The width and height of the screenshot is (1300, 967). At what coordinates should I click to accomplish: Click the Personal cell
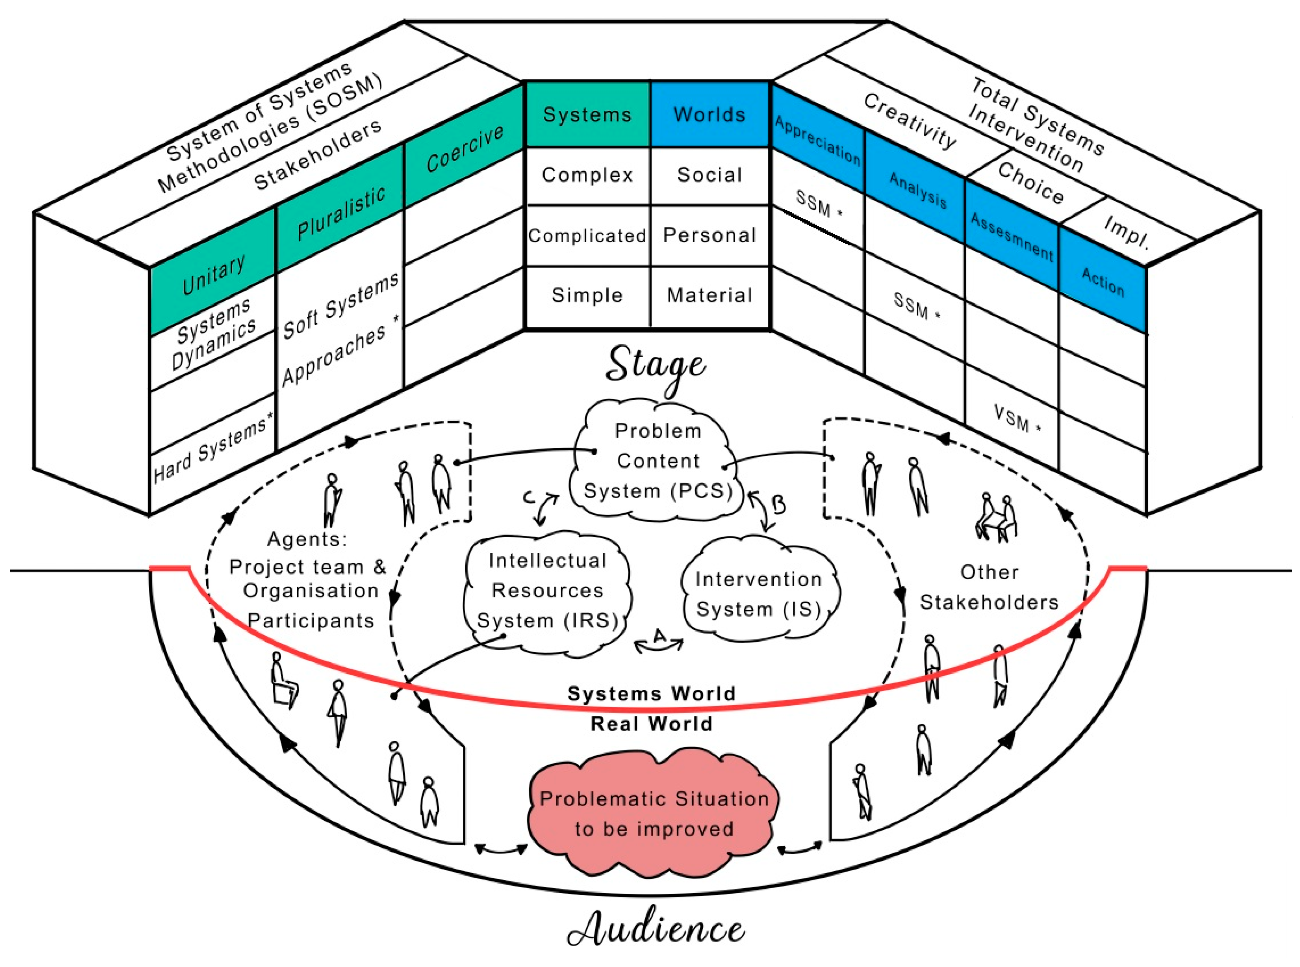click(x=709, y=235)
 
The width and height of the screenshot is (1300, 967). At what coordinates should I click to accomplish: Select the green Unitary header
click(x=213, y=275)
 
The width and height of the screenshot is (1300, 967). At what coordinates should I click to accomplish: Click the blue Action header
click(x=1102, y=282)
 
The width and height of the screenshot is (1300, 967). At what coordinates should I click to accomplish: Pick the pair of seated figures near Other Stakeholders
click(x=996, y=517)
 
